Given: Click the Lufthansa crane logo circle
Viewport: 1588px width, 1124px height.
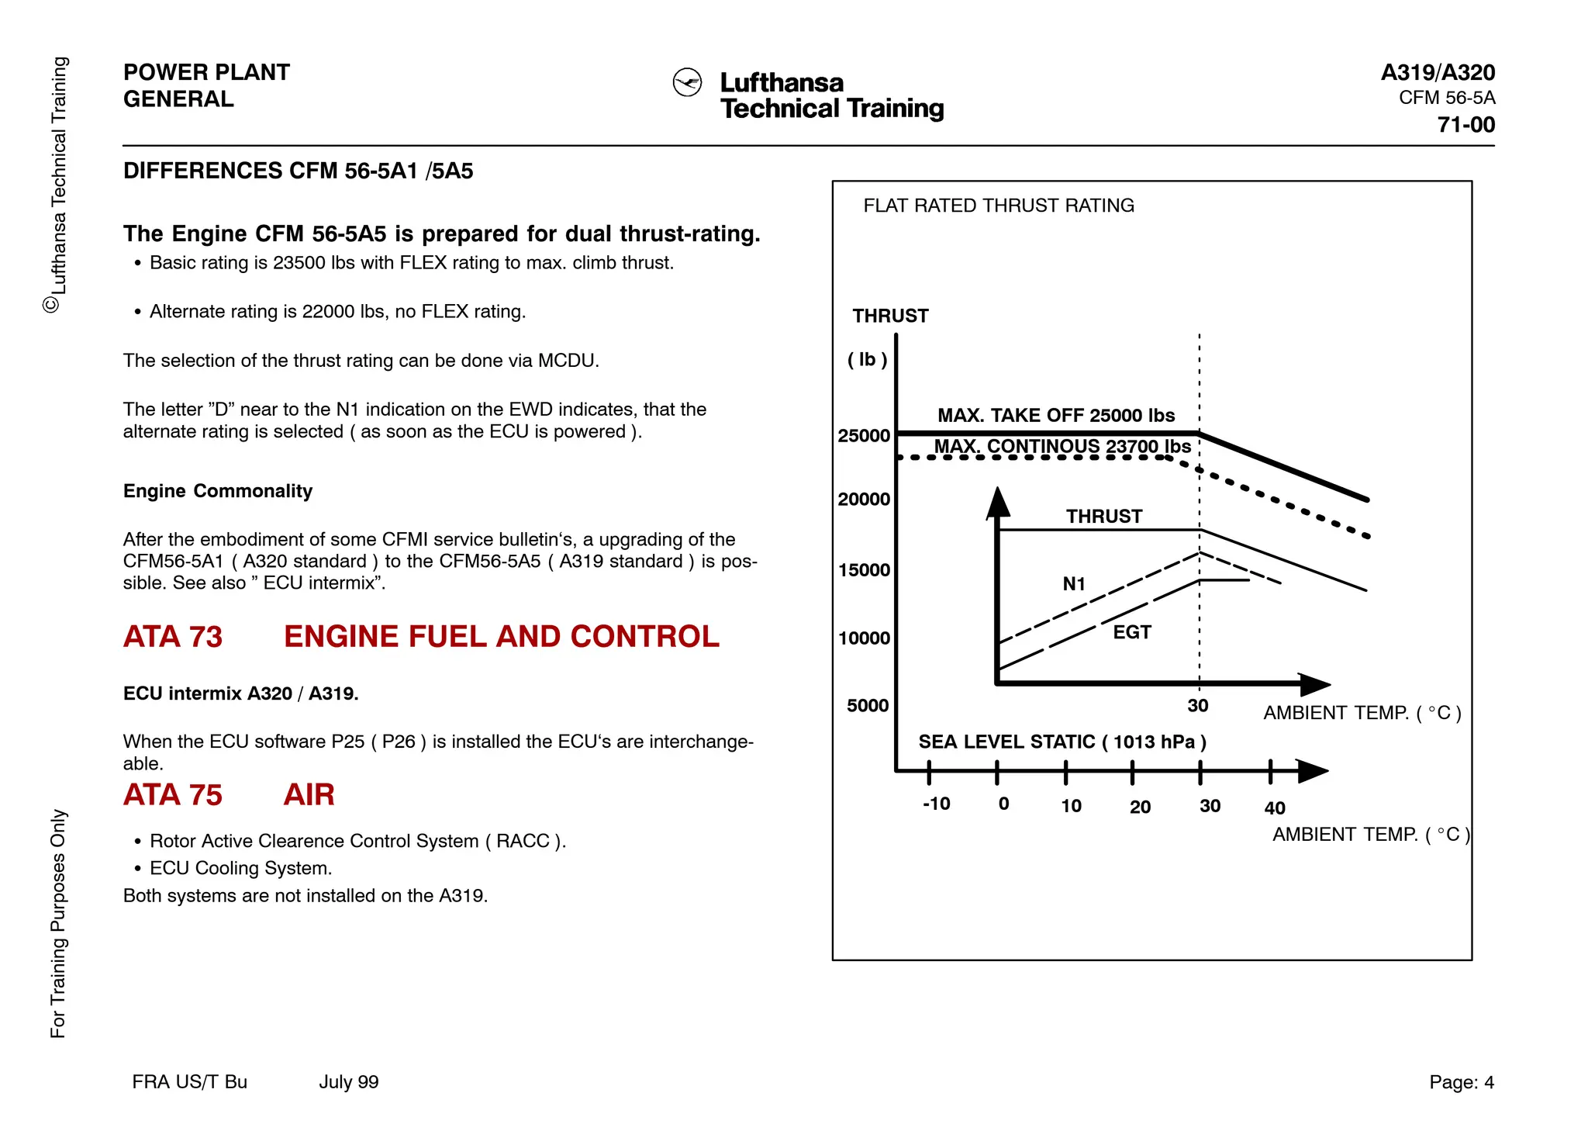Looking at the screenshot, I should click(687, 82).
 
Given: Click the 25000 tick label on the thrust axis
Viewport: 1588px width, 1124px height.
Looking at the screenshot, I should click(864, 436).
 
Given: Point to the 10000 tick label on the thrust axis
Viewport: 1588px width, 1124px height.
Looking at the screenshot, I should click(864, 638).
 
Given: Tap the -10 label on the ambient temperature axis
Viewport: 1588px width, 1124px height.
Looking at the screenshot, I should click(937, 804).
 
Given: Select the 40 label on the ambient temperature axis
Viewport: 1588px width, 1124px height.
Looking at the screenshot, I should click(1275, 808).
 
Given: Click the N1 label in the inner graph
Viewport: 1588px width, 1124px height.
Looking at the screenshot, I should click(1074, 584).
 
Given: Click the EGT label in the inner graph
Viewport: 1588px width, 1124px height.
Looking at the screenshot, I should click(1132, 632).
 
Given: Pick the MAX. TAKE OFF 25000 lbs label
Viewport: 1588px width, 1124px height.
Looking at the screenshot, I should click(1056, 416).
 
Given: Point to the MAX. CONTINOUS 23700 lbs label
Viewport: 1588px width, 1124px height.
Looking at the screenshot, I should click(1062, 447).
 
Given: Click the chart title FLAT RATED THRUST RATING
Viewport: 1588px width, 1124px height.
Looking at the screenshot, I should click(999, 206).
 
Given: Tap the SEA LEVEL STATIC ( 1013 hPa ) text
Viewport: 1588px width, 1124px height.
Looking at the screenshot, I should click(1062, 742).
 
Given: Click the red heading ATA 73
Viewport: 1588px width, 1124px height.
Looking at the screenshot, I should click(173, 637).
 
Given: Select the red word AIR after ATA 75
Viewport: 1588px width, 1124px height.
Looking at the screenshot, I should click(309, 795).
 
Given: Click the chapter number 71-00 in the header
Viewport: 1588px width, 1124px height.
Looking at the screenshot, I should click(1465, 125).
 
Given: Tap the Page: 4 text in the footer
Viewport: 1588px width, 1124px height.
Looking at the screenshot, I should click(1461, 1082).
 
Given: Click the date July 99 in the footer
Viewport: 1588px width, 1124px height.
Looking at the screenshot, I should click(348, 1082).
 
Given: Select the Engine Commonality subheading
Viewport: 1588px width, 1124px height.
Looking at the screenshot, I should click(218, 491).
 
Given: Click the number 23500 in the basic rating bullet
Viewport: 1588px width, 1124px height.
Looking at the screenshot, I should click(299, 263).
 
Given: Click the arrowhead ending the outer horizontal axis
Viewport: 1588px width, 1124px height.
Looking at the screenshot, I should click(1312, 771).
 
